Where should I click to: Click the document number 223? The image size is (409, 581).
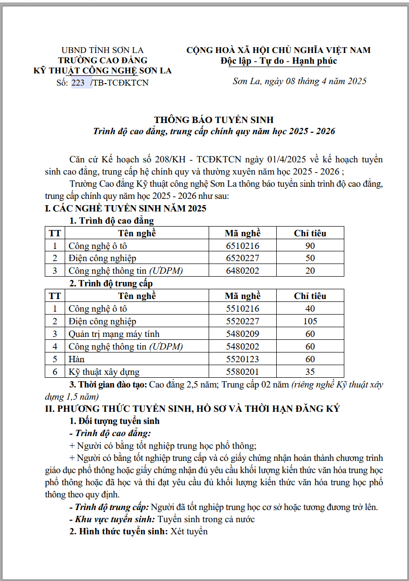[x=78, y=82]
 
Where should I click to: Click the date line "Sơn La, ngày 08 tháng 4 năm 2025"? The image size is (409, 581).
[x=299, y=81]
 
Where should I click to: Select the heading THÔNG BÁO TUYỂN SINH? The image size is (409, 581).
[x=214, y=120]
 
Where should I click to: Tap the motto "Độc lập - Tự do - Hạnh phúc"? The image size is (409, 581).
[x=278, y=61]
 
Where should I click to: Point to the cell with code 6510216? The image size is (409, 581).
[x=243, y=246]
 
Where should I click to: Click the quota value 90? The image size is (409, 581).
[x=310, y=246]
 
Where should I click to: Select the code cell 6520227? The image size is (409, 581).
[x=243, y=258]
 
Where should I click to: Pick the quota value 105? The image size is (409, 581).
[x=310, y=321]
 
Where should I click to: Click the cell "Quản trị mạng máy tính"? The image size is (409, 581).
[x=114, y=334]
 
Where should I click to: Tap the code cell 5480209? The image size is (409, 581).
[x=243, y=334]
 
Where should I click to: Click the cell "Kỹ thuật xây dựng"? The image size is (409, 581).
[x=104, y=372]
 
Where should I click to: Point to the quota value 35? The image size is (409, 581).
[x=310, y=372]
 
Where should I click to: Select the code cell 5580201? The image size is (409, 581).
[x=243, y=372]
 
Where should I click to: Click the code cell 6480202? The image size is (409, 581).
[x=243, y=271]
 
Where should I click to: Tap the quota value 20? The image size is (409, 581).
[x=310, y=271]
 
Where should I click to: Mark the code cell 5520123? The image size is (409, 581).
[x=243, y=359]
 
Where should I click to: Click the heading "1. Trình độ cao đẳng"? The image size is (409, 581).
[x=111, y=221]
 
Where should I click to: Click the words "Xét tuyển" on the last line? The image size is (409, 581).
[x=189, y=531]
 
